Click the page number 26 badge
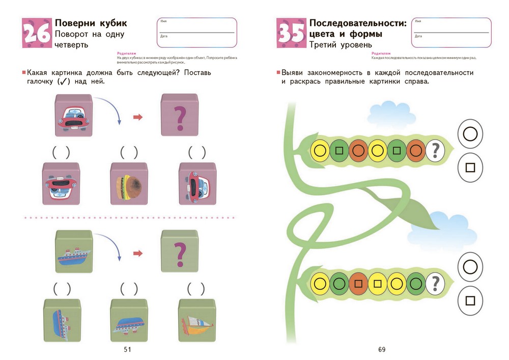click(x=36, y=34)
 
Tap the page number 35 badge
click(x=291, y=34)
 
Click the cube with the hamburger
click(x=129, y=183)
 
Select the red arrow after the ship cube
click(x=137, y=253)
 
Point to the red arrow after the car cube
click(x=137, y=118)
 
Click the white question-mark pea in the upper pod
click(x=435, y=150)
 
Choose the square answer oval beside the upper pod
click(x=470, y=168)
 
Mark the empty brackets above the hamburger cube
click(x=129, y=152)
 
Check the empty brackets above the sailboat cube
click(x=197, y=289)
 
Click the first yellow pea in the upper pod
click(x=320, y=150)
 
